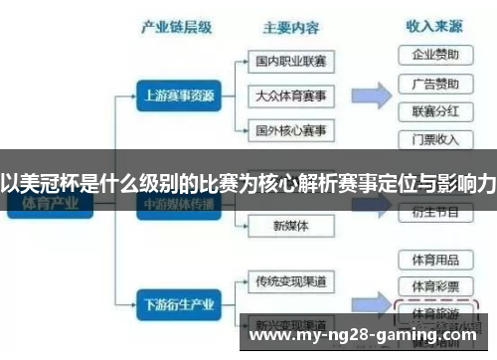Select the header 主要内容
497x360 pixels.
click(x=291, y=27)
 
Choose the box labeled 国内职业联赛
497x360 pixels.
click(x=290, y=62)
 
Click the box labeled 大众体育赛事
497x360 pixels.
click(x=290, y=95)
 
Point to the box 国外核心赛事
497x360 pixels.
click(x=290, y=129)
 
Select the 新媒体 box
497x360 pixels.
click(x=290, y=226)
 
